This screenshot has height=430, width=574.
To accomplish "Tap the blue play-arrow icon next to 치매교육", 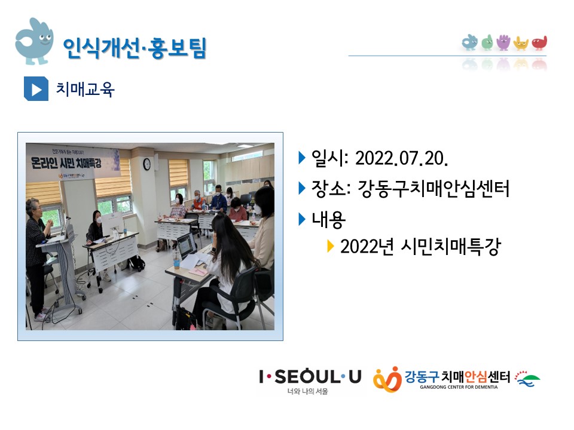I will [x=36, y=89].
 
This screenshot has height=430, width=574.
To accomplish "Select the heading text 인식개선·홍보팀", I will [x=134, y=48].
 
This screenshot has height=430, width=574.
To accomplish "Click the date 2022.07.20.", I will [x=401, y=158].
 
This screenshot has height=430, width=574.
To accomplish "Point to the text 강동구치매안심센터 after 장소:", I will [x=433, y=189].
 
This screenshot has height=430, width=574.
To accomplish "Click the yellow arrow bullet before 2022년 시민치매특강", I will [x=331, y=246].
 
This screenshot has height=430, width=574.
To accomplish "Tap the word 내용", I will [x=329, y=220].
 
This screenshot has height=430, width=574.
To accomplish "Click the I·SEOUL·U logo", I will [x=310, y=376].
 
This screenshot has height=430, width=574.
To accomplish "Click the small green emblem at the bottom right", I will [x=527, y=377].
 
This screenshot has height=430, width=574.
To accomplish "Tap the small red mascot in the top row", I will [x=539, y=43].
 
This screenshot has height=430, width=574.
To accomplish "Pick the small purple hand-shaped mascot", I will [x=503, y=42].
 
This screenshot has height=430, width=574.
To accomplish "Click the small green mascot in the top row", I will [x=487, y=42].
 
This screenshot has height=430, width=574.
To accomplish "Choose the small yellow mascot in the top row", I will [x=521, y=43].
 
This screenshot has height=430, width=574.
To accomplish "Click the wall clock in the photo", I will [x=146, y=164].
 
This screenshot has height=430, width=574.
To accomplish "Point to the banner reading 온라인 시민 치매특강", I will [x=72, y=161].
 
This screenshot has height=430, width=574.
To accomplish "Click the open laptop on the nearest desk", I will [x=185, y=245].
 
